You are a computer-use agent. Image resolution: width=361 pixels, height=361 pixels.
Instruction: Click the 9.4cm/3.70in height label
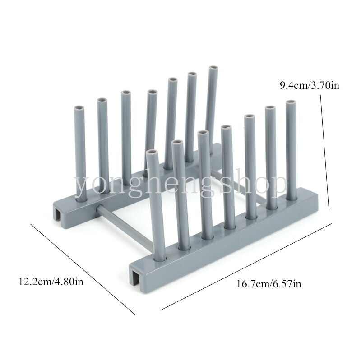309,86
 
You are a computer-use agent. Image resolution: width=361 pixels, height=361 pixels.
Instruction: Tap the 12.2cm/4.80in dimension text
51,281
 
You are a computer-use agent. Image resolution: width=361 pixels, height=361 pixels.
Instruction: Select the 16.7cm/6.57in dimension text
268,284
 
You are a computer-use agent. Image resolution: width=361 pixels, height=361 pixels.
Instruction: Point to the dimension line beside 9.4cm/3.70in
325,153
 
